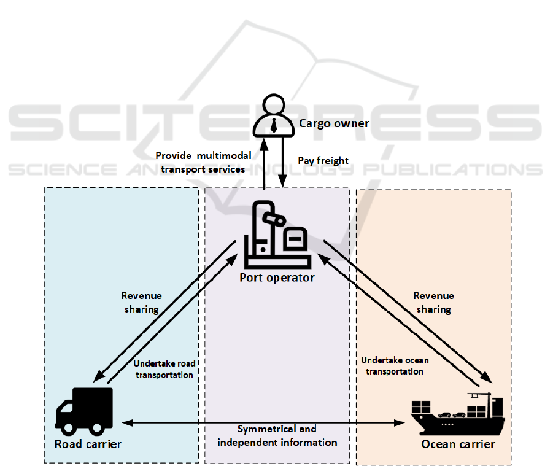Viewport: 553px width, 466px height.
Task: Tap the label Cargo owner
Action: click(334, 123)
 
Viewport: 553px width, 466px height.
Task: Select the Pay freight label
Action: click(323, 161)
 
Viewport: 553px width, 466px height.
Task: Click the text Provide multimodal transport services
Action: click(200, 162)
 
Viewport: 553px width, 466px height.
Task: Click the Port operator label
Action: click(277, 278)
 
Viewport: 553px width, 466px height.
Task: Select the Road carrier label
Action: click(88, 444)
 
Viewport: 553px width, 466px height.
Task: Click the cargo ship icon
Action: click(457, 415)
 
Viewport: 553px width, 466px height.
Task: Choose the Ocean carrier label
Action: click(458, 444)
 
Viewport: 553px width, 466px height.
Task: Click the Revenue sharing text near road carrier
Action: click(141, 302)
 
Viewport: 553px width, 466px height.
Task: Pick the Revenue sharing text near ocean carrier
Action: click(433, 302)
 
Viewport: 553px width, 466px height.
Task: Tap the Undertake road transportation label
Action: click(164, 369)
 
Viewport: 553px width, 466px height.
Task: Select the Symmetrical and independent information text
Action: click(277, 435)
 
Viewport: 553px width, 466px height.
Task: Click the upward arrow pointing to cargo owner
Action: click(264, 163)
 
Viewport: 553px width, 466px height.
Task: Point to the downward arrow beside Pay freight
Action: click(282, 163)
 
